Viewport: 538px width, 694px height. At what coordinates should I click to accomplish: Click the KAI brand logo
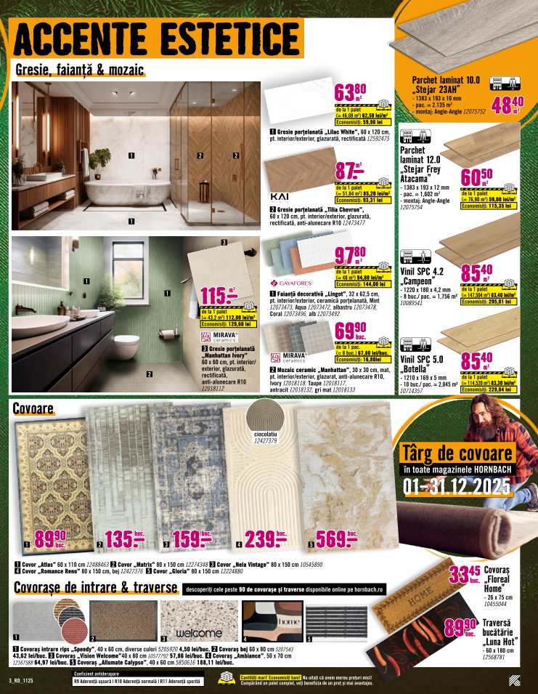click(279, 196)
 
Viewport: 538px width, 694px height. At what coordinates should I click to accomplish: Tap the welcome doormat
click(199, 621)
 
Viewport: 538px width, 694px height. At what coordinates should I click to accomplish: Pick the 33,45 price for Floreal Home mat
click(464, 574)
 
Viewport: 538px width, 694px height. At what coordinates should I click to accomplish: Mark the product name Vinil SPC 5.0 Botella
click(420, 363)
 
